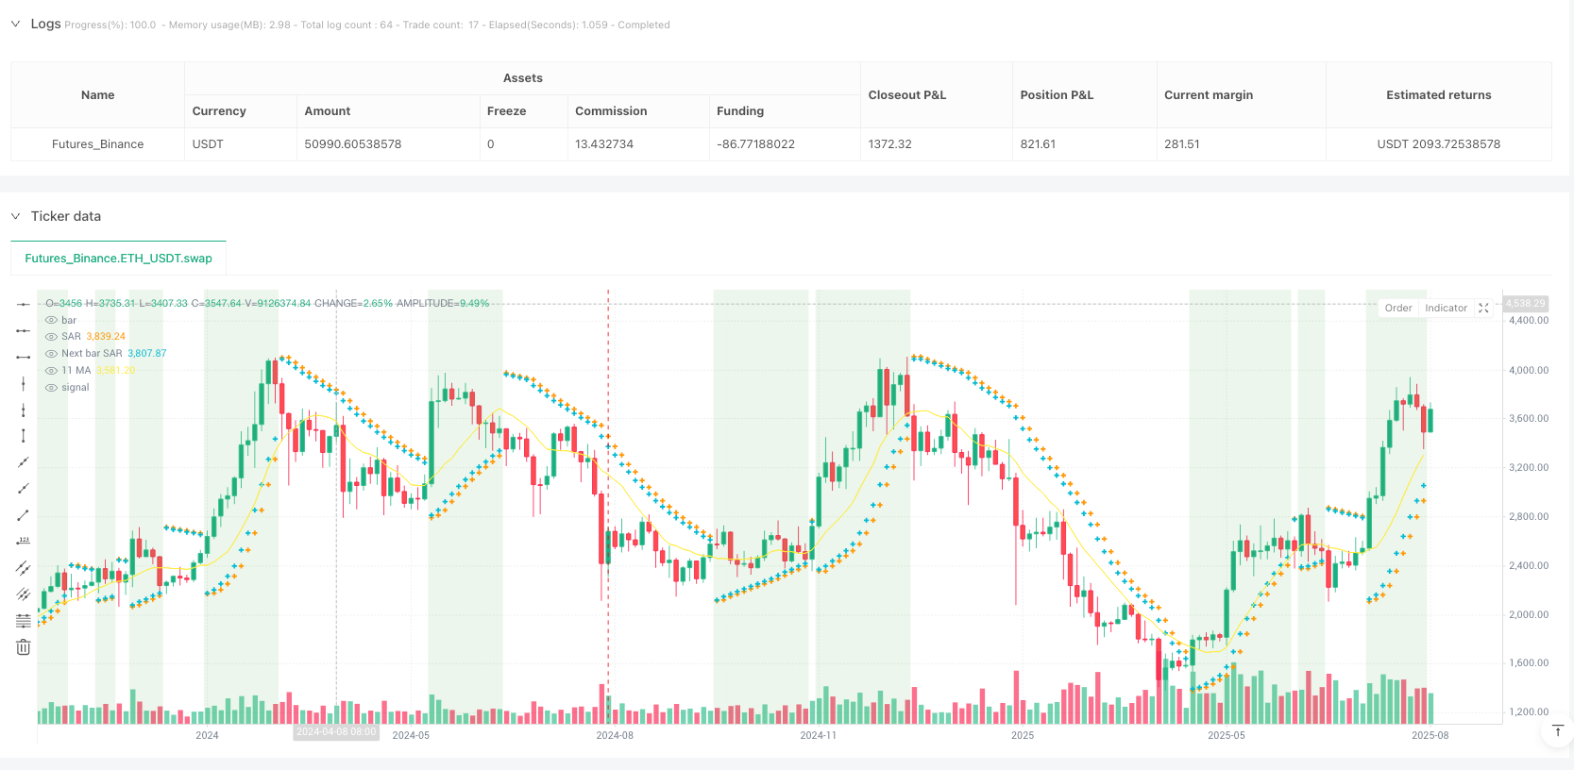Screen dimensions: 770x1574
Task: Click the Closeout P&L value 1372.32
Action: (x=889, y=144)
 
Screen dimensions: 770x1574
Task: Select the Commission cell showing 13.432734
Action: (x=604, y=144)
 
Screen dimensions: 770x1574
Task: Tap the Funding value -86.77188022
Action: (x=755, y=144)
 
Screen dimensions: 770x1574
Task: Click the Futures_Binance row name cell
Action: (x=98, y=144)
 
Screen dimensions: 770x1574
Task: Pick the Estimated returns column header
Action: (x=1438, y=95)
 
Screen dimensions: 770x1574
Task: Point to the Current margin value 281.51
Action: (x=1182, y=144)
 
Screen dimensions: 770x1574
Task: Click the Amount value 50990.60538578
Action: (x=353, y=144)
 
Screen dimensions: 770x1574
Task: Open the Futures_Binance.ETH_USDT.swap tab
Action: (x=119, y=259)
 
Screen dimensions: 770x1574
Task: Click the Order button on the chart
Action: (x=1398, y=309)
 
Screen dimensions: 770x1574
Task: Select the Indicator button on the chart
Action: (x=1446, y=309)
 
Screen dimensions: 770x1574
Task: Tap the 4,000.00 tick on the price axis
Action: (x=1529, y=370)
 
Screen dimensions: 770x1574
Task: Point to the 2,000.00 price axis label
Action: (x=1529, y=614)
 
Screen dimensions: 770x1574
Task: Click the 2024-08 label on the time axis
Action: (x=615, y=735)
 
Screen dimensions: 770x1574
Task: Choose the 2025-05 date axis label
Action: (x=1227, y=735)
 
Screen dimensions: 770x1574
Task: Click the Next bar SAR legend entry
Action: (x=93, y=354)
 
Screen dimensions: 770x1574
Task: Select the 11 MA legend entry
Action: (x=76, y=371)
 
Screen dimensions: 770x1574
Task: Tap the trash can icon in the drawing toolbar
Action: (x=24, y=647)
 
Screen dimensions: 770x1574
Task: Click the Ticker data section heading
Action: (x=66, y=216)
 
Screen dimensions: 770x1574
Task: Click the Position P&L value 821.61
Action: (x=1038, y=144)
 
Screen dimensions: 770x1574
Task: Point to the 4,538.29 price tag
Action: (x=1525, y=304)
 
